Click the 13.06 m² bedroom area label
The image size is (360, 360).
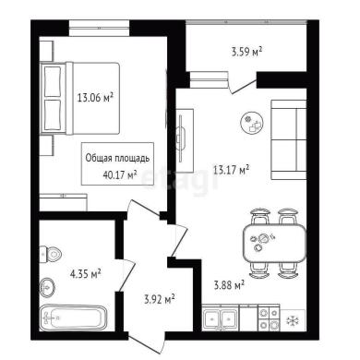pos(95,98)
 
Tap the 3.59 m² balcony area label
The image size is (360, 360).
pos(246,52)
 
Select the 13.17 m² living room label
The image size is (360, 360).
pos(231,170)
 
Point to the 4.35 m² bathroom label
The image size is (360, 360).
pos(86,273)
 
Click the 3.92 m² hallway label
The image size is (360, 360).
pos(160,299)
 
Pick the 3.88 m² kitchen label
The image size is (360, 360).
pos(229,285)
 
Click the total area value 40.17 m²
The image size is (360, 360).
pos(119,175)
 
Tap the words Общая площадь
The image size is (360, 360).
pos(117,158)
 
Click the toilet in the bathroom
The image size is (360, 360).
pos(51,255)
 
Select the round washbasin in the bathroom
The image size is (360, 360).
pos(47,287)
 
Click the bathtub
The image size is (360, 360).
pos(74,318)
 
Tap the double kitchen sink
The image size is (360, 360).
pos(221,318)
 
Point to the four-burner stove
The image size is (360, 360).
pos(269,318)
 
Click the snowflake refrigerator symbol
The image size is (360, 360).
pos(291,321)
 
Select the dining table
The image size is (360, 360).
pos(274,243)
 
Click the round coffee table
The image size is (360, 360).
pos(252,123)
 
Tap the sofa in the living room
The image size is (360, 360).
pos(288,139)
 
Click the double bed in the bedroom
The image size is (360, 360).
pos(80,98)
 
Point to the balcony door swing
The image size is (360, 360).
pos(243,82)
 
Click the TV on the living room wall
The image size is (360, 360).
pos(182,138)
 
